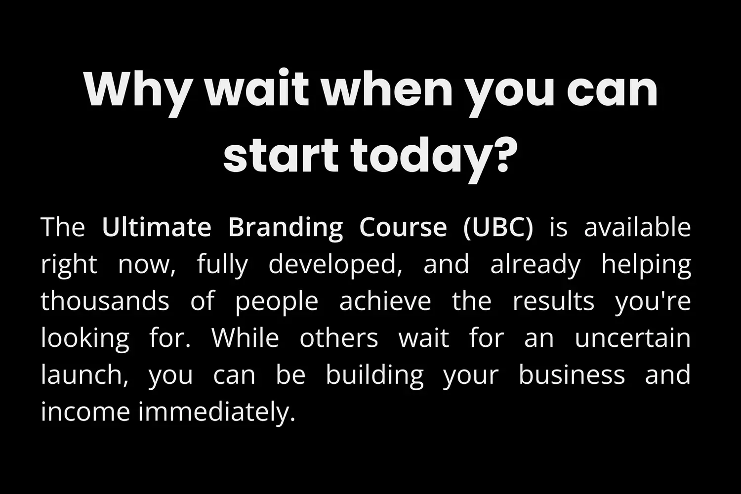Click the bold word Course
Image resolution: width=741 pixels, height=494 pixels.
point(403,227)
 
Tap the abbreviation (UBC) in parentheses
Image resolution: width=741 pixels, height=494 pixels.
point(498,229)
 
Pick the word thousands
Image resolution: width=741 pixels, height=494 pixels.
point(105,301)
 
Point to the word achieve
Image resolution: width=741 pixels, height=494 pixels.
point(385,301)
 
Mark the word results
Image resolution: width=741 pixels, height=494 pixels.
point(553,301)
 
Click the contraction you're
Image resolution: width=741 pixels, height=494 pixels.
point(653,302)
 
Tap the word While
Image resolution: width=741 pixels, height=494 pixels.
point(245,338)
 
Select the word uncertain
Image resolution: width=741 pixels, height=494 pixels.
point(632,338)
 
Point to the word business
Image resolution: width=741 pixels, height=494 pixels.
point(572,375)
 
